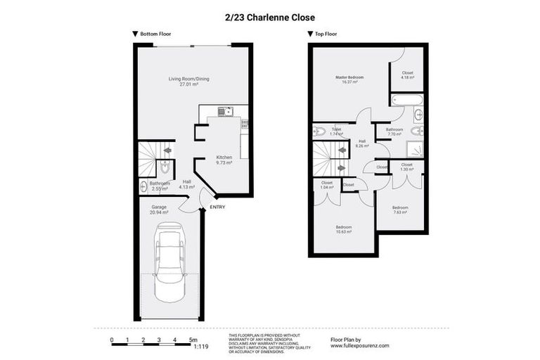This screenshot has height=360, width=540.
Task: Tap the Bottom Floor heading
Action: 155,34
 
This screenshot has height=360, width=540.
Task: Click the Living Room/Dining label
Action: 188,81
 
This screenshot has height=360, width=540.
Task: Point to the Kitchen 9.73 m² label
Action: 224,160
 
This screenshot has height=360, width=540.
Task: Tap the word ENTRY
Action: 217,207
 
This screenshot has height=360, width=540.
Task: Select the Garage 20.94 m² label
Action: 159,210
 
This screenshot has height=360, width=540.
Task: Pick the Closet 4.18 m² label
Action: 408,75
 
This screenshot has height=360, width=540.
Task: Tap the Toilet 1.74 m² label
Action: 336,131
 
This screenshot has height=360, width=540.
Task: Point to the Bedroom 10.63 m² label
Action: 344,229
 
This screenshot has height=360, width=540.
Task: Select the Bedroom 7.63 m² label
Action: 400,210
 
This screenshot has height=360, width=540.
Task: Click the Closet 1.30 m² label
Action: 407,167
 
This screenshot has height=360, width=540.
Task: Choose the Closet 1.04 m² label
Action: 326,186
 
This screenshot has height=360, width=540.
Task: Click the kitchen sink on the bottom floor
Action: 224,110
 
